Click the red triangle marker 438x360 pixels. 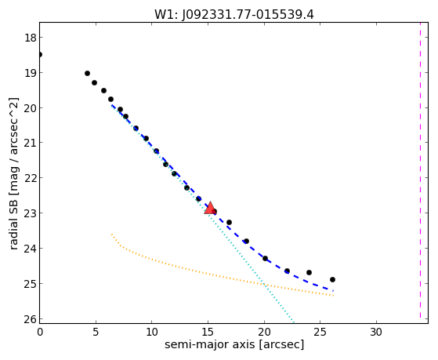pyautogui.click(x=210, y=208)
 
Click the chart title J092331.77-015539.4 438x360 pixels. pyautogui.click(x=248, y=15)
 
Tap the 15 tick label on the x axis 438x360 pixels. pyautogui.click(x=208, y=332)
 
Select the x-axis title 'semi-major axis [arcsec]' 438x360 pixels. pyautogui.click(x=234, y=344)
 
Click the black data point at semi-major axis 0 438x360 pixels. pyautogui.click(x=40, y=54)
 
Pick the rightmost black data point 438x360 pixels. pyautogui.click(x=332, y=279)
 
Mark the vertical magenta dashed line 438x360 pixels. pyautogui.click(x=420, y=170)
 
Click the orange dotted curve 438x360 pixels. pyautogui.click(x=212, y=275)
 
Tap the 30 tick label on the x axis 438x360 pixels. pyautogui.click(x=376, y=332)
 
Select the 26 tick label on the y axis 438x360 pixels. pyautogui.click(x=30, y=319)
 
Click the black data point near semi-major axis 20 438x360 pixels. pyautogui.click(x=265, y=258)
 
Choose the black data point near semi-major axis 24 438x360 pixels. pyautogui.click(x=309, y=272)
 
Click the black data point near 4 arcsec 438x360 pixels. pyautogui.click(x=87, y=73)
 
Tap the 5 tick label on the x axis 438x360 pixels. pyautogui.click(x=96, y=332)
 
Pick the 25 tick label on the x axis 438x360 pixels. pyautogui.click(x=320, y=332)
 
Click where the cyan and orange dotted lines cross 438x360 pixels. pyautogui.click(x=264, y=285)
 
